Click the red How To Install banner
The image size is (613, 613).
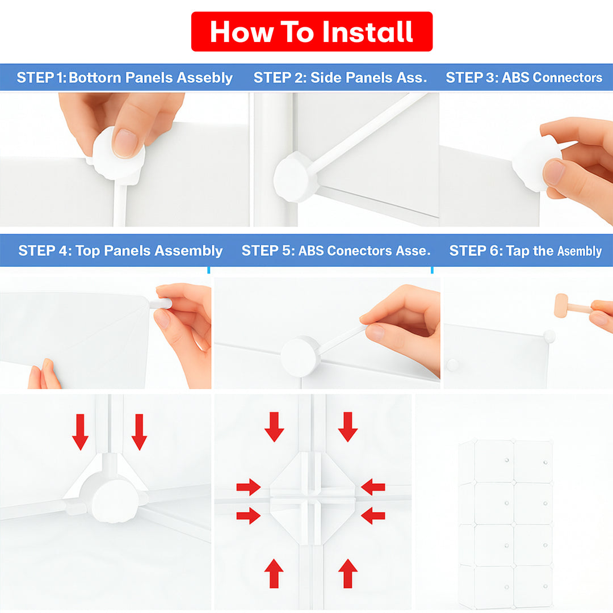tap(312, 32)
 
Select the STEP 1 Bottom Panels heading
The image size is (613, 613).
tap(124, 77)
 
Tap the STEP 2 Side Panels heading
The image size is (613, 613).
tap(340, 77)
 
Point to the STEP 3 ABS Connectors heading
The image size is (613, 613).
tap(524, 77)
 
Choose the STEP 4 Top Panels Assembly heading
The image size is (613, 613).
tap(120, 251)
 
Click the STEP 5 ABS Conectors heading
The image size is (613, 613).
tap(336, 251)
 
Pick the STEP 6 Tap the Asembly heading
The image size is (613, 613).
tap(526, 251)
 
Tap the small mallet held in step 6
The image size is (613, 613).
tap(572, 306)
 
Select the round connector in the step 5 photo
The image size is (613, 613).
tap(300, 356)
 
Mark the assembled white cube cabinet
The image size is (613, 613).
tap(506, 524)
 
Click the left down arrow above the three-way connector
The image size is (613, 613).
tap(80, 432)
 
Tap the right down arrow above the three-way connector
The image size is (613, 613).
tap(139, 432)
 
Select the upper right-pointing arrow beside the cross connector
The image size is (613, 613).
tap(249, 487)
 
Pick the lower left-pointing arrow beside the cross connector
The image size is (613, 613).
tap(373, 515)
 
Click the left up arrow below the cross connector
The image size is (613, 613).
tap(274, 573)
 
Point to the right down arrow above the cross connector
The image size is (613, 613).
tap(347, 427)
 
